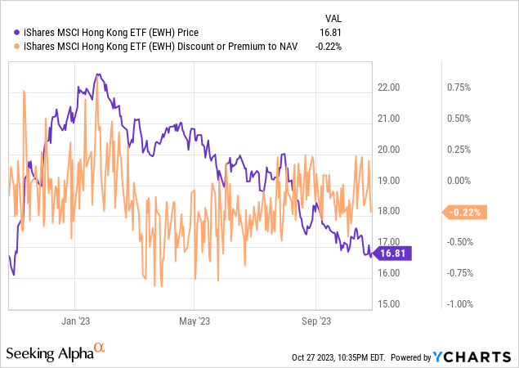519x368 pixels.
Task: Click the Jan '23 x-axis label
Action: [74, 321]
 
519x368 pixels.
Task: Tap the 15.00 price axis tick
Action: [391, 304]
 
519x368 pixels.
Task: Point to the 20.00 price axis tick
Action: [391, 150]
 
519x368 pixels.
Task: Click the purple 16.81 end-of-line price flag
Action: [394, 254]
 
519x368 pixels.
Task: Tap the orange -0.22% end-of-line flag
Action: [464, 213]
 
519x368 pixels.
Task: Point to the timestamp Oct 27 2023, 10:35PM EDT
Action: [338, 357]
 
